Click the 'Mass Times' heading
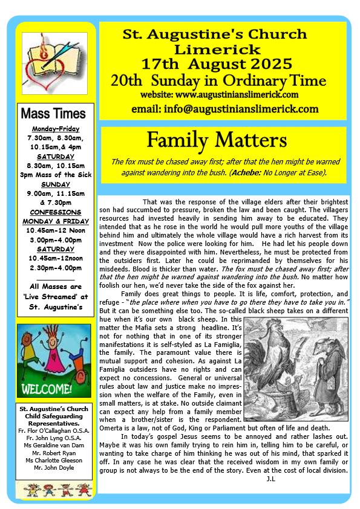53,114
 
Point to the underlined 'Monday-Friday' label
55,129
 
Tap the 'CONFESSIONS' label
55,213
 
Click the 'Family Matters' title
217,140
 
